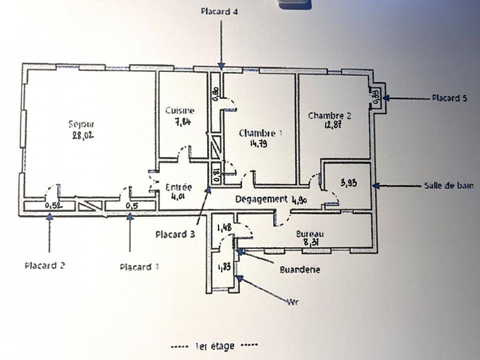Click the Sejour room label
pos(81,124)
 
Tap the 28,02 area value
pos(83,135)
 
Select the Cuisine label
pos(179,110)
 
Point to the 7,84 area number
pos(183,122)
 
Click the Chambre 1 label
pos(261,133)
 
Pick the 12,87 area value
pos(333,125)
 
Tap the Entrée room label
pos(178,187)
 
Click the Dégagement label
pos(261,199)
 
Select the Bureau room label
pos(310,234)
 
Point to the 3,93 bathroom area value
pos(348,183)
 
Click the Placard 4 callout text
pos(219,11)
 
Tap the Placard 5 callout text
pos(449,98)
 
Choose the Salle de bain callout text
pos(449,185)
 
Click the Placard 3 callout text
pos(175,234)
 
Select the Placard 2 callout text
pos(44,265)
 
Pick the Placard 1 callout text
pos(139,267)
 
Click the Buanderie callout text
pos(300,269)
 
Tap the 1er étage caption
pos(214,346)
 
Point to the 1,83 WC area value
pos(224,267)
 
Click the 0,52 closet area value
pos(54,205)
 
